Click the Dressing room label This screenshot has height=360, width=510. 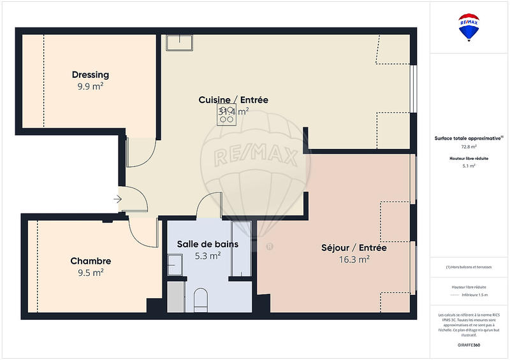(x=90, y=75)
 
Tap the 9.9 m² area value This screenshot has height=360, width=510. (x=90, y=86)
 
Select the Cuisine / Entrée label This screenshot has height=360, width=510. (x=233, y=100)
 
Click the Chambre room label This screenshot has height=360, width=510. (x=91, y=261)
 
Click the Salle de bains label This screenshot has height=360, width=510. (x=208, y=244)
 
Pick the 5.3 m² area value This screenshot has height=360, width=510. (x=208, y=256)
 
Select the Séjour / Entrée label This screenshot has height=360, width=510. (x=354, y=248)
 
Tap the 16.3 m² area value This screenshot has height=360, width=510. (x=354, y=259)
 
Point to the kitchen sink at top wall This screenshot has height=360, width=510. (x=181, y=42)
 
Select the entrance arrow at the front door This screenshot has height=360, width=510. (x=117, y=199)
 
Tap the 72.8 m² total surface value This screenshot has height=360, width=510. (x=469, y=147)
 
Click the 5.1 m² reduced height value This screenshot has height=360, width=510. (x=469, y=166)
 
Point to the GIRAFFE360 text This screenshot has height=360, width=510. (x=469, y=344)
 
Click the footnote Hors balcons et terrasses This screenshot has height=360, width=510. (x=469, y=266)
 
